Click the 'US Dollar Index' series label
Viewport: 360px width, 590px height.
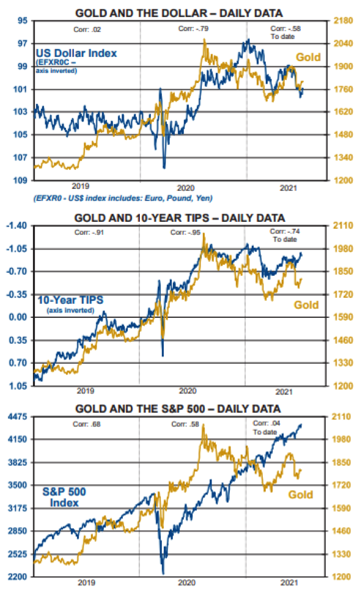pos(76,53)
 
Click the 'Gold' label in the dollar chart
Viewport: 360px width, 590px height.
pos(309,57)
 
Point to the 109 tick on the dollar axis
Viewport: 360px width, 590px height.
pos(20,180)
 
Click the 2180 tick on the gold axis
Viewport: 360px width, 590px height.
pos(343,21)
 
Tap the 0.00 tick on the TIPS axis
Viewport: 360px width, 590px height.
pos(18,317)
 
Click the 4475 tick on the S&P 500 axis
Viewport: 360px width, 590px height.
pos(17,417)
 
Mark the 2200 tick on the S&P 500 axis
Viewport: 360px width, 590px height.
pos(17,577)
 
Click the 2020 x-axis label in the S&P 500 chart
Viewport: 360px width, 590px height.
pos(186,583)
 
